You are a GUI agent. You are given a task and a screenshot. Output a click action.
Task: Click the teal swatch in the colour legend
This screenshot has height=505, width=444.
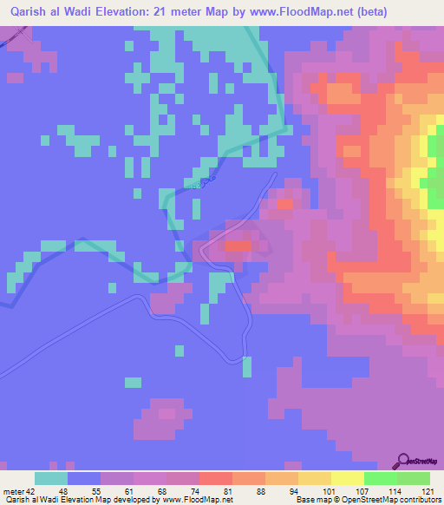tap(51, 478)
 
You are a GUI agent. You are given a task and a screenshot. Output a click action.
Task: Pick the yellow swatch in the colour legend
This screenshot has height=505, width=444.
tap(347, 478)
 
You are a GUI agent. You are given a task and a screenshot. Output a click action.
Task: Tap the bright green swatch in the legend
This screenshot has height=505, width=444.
tap(380, 478)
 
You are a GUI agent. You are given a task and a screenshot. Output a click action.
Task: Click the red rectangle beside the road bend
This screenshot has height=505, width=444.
tap(238, 246)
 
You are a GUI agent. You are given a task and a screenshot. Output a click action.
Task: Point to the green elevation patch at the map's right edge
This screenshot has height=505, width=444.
tap(435, 165)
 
